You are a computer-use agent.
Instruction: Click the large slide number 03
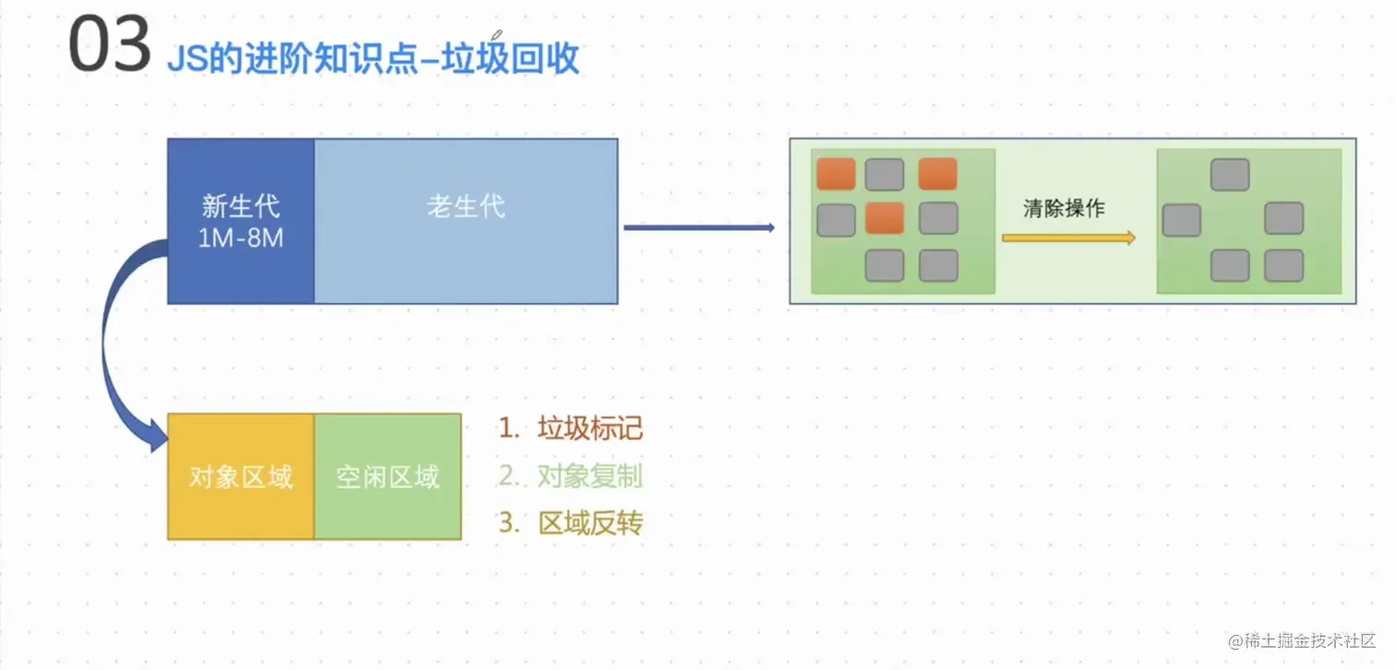click(x=110, y=46)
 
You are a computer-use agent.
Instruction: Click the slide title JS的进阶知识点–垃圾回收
click(x=373, y=58)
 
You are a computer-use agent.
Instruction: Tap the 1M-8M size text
click(x=241, y=238)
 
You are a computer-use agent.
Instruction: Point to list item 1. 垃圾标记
click(x=571, y=428)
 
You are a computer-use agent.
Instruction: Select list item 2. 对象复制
click(x=571, y=476)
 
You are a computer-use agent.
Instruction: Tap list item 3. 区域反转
click(x=571, y=523)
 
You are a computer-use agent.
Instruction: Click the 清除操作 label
click(x=1064, y=209)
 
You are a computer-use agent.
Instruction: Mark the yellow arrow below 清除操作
click(x=1068, y=238)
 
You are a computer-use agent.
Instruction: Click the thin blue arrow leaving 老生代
click(x=699, y=227)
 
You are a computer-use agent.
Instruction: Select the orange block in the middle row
click(x=885, y=219)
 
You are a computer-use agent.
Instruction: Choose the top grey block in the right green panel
click(x=1230, y=175)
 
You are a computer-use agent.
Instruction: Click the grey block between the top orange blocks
click(x=885, y=175)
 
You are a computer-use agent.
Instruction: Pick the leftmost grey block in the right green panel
click(x=1182, y=220)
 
